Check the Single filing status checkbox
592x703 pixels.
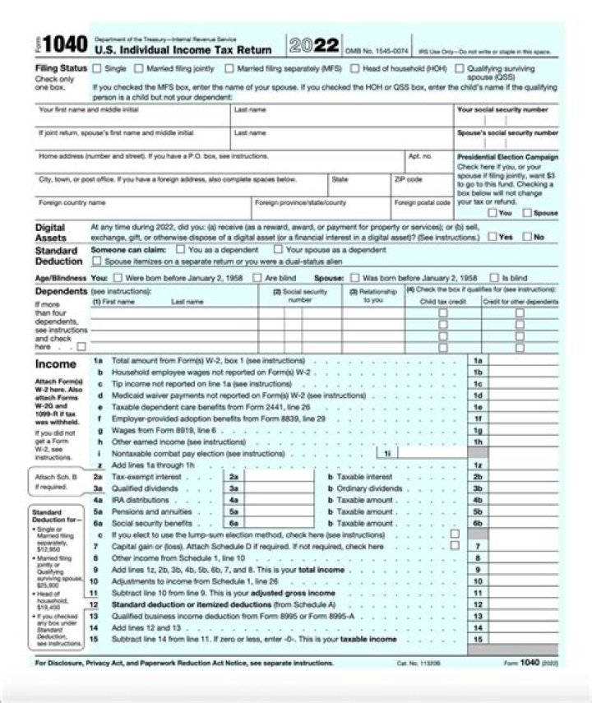click(x=99, y=69)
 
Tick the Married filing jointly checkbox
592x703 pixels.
click(x=140, y=69)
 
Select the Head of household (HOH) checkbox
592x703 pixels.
click(x=354, y=69)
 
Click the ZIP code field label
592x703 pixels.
click(x=408, y=178)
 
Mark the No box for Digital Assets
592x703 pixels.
click(x=528, y=237)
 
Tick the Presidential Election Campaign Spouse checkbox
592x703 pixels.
click(x=529, y=213)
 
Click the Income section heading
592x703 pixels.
click(x=56, y=363)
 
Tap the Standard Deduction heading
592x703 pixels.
click(x=56, y=255)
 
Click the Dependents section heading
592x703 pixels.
click(x=61, y=290)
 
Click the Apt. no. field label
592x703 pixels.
click(x=419, y=155)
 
